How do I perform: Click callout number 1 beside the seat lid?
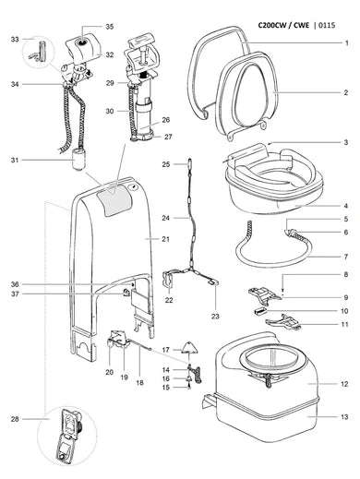[x=345, y=43]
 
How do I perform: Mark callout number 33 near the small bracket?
[x=14, y=40]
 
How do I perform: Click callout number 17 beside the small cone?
[x=165, y=350]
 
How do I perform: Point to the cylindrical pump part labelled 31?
[x=76, y=169]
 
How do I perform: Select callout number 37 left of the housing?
[x=15, y=294]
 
